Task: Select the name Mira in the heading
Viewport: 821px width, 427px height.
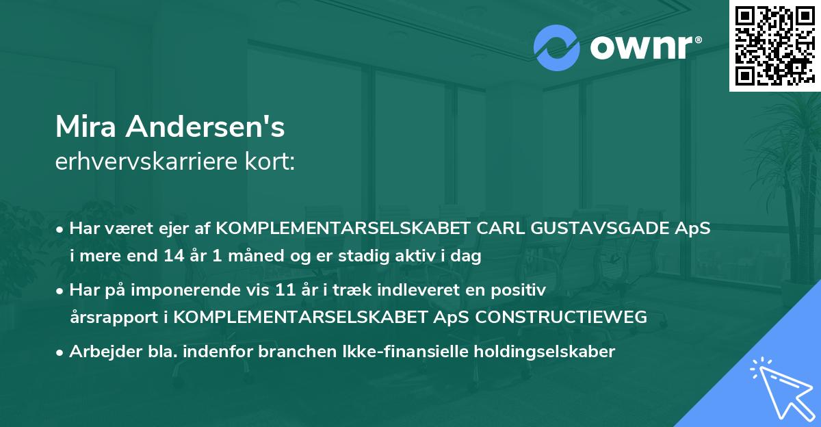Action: [83, 127]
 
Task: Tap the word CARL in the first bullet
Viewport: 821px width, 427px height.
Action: [503, 228]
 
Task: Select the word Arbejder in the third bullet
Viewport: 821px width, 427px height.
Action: [99, 352]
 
